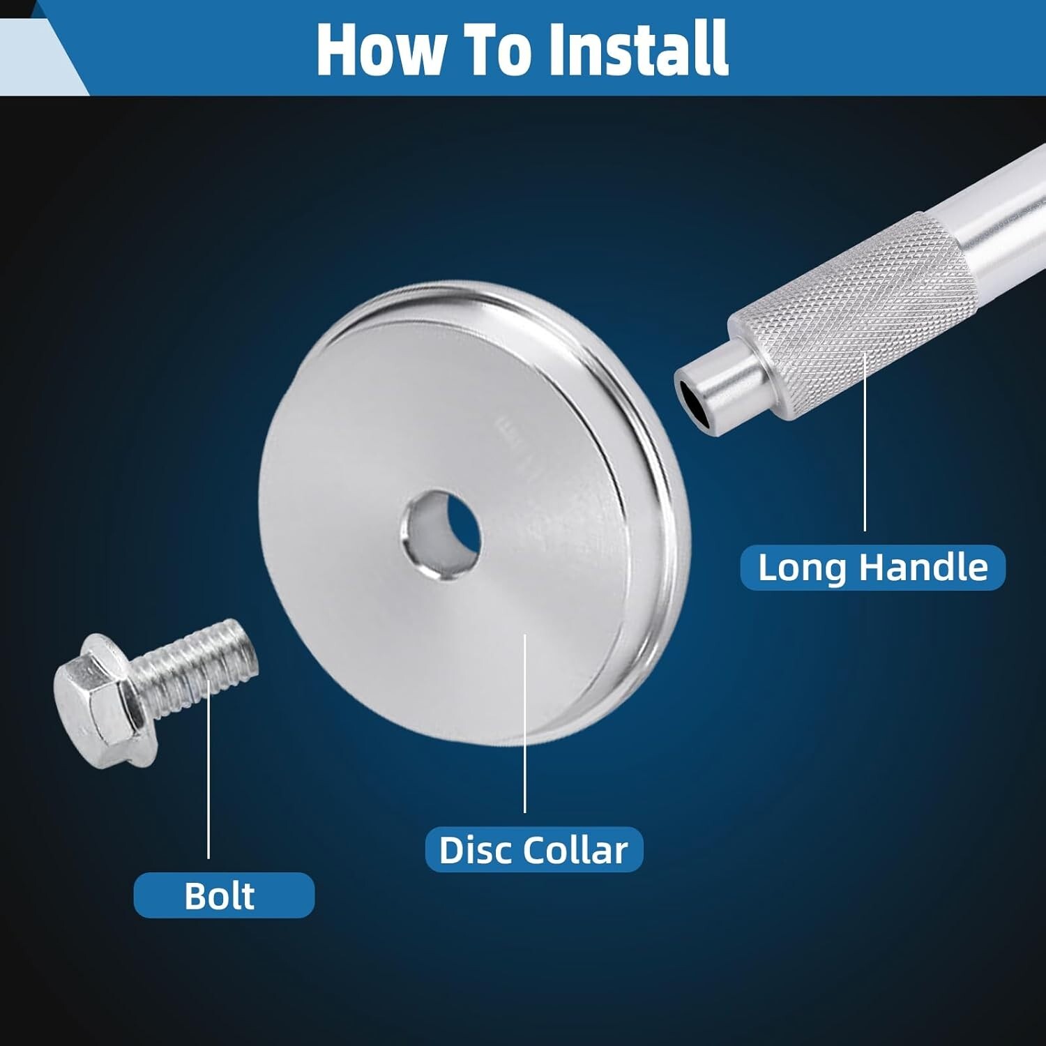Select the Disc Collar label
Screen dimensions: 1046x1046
tap(534, 849)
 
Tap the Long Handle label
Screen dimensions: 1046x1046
tap(872, 568)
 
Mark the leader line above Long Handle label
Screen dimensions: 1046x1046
tap(865, 442)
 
